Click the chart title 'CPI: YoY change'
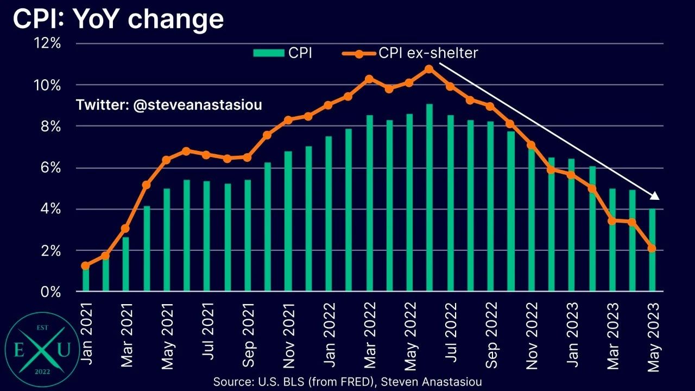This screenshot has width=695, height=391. click(x=118, y=20)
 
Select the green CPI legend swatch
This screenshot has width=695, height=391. click(x=268, y=53)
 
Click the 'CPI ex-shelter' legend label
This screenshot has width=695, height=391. click(x=428, y=53)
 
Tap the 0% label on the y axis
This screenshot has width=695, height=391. click(x=49, y=292)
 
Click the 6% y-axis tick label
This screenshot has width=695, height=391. click(x=49, y=168)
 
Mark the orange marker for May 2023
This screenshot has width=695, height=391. click(x=652, y=248)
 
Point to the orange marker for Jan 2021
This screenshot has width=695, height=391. click(x=85, y=266)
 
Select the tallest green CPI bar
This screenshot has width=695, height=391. click(x=429, y=198)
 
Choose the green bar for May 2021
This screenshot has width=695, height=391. click(x=167, y=240)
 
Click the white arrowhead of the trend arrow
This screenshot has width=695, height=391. click(x=655, y=196)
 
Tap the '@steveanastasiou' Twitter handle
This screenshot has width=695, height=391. click(x=197, y=105)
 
